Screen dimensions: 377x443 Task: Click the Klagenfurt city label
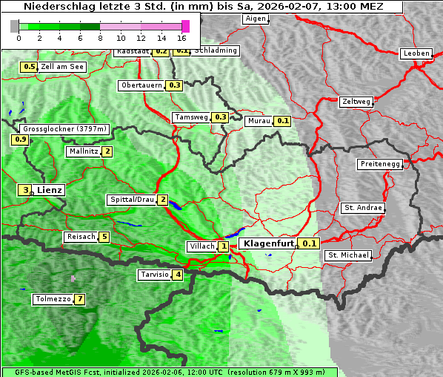268,243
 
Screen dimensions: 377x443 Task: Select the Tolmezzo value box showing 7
79,299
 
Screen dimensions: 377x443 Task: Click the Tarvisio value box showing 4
178,275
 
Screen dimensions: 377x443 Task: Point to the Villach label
201,246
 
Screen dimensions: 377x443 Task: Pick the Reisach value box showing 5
104,237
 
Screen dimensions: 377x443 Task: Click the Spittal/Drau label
131,200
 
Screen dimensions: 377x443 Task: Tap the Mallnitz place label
83,151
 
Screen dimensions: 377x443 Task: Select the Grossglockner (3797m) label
66,128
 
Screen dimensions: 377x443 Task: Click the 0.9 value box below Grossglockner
20,139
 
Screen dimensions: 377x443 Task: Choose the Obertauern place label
141,85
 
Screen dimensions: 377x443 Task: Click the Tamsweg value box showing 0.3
220,117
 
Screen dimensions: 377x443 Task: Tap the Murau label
259,120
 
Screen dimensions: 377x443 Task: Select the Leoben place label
416,53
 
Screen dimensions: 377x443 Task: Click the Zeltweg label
356,101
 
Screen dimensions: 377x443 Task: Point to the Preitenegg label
380,163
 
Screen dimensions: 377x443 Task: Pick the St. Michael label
348,255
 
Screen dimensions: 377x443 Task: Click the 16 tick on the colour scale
181,37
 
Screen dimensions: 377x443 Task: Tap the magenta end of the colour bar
185,26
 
